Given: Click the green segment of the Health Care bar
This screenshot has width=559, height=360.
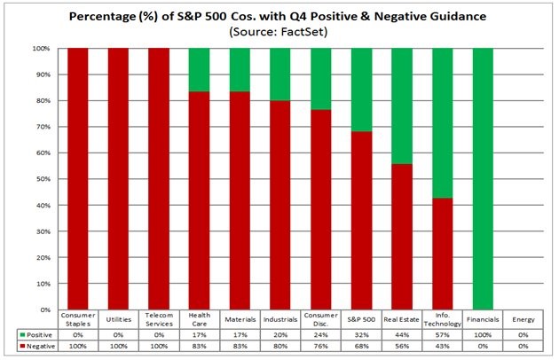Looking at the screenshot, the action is click(200, 70).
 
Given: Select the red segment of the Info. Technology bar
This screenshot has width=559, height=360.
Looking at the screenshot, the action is click(443, 254).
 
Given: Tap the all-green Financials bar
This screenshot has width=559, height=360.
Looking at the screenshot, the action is click(483, 178).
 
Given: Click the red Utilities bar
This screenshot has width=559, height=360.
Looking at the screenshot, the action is click(118, 178).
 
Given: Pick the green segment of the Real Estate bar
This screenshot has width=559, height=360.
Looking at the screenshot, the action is click(402, 106).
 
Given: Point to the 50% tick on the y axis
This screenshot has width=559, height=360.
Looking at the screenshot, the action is click(43, 179).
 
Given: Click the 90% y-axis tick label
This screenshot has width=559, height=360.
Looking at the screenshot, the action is click(43, 74).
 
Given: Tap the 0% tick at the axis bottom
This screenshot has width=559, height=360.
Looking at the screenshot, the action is click(45, 309).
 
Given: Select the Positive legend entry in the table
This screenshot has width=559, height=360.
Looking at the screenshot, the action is click(36, 335).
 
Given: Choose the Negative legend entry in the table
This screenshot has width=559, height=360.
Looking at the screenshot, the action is click(37, 346).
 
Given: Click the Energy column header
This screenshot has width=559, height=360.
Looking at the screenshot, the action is click(524, 319).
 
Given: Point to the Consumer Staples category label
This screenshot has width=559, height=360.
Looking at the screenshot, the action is click(78, 319).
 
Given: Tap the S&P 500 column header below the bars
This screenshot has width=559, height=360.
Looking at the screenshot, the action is click(361, 319).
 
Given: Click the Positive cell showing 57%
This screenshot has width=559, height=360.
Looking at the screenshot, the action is click(443, 335).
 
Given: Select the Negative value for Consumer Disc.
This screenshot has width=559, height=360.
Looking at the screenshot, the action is click(321, 346).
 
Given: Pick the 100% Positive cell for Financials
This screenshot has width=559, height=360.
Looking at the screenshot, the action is click(483, 335).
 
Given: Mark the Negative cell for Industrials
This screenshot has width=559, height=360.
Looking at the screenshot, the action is click(280, 346).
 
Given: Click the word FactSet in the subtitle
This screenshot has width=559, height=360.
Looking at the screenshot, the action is click(303, 32).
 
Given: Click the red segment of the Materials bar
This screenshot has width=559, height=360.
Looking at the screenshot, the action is click(240, 200).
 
